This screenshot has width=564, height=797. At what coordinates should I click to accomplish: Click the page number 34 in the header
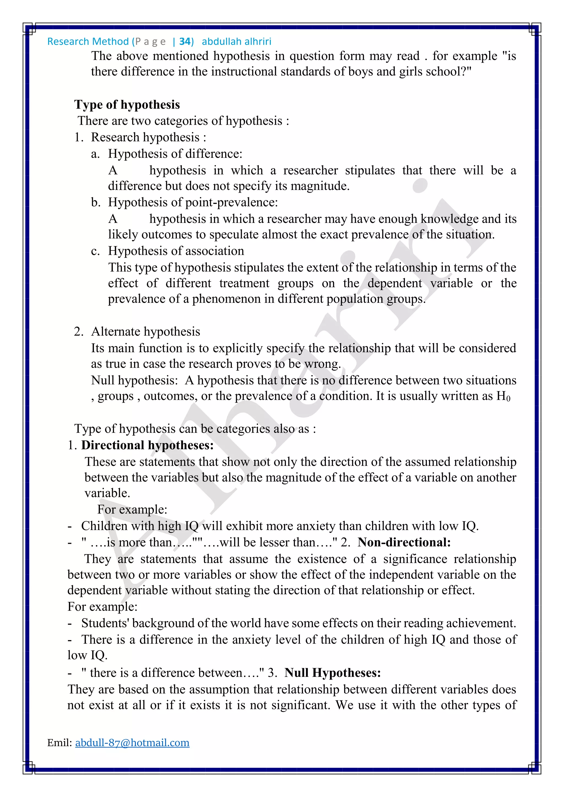pyautogui.click(x=185, y=42)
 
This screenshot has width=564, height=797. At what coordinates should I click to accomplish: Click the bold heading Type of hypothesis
pyautogui.click(x=127, y=105)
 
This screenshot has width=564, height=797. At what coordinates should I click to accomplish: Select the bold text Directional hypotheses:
pyautogui.click(x=148, y=445)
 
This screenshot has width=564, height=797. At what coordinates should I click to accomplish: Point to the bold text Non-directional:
pyautogui.click(x=404, y=542)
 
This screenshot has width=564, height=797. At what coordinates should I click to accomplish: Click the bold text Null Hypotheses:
pyautogui.click(x=333, y=673)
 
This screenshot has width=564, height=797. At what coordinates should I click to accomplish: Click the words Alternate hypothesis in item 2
pyautogui.click(x=145, y=332)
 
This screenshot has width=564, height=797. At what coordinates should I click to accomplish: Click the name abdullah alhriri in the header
pyautogui.click(x=237, y=42)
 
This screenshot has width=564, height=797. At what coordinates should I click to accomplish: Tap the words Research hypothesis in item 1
pyautogui.click(x=145, y=137)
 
